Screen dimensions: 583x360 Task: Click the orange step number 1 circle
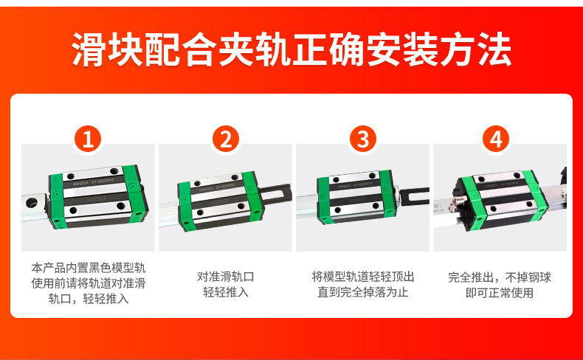pyautogui.click(x=88, y=139)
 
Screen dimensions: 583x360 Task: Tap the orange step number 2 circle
pyautogui.click(x=226, y=139)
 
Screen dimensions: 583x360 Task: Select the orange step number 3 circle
pyautogui.click(x=363, y=139)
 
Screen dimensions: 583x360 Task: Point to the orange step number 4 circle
pyautogui.click(x=496, y=139)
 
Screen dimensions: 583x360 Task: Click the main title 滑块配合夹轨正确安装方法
pyautogui.click(x=291, y=49)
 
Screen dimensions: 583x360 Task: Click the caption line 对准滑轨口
pyautogui.click(x=226, y=277)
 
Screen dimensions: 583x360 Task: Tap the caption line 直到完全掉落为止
pyautogui.click(x=363, y=292)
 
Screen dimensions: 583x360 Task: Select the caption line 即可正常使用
pyautogui.click(x=500, y=293)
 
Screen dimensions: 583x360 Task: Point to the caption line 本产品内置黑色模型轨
pyautogui.click(x=89, y=268)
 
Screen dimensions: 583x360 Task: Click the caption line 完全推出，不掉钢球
pyautogui.click(x=500, y=277)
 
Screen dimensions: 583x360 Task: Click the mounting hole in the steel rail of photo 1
pyautogui.click(x=31, y=202)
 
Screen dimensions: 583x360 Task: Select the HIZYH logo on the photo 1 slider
pyautogui.click(x=96, y=199)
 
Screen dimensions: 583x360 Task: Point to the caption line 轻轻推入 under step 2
pyautogui.click(x=226, y=292)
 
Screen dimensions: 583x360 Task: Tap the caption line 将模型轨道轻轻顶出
pyautogui.click(x=363, y=277)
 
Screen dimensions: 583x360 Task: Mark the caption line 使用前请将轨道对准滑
pyautogui.click(x=89, y=283)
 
